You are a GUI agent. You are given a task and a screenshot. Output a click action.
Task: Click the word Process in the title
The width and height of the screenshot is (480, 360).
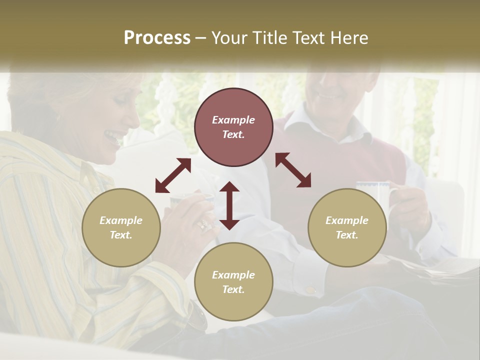[x=157, y=38]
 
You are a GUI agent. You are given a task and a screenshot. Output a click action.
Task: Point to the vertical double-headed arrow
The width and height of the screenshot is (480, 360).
[x=229, y=205]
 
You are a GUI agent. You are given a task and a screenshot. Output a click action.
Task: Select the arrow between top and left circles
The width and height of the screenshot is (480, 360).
[x=173, y=175]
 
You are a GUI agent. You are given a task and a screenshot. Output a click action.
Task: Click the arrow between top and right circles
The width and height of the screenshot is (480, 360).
[x=293, y=170]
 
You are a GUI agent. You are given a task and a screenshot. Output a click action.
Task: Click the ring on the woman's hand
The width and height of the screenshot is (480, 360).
[x=204, y=224]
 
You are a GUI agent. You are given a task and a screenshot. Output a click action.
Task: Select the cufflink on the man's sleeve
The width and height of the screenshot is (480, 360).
[x=310, y=290]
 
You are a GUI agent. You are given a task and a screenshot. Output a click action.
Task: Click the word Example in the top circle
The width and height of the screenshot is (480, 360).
[x=233, y=120]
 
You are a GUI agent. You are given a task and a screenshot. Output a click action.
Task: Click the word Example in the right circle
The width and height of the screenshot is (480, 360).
[x=347, y=220]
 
